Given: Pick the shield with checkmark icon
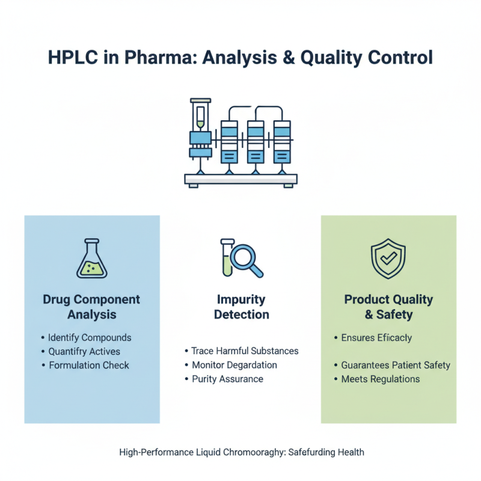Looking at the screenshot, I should pyautogui.click(x=388, y=259).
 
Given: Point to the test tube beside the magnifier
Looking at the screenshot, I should pyautogui.click(x=227, y=257).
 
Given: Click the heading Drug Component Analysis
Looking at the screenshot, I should pyautogui.click(x=91, y=307).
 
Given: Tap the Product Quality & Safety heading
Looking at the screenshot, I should pyautogui.click(x=388, y=307).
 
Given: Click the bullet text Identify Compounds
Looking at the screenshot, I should pyautogui.click(x=89, y=337).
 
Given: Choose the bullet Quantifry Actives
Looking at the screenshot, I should pyautogui.click(x=84, y=351).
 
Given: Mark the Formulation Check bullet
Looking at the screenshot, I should pyautogui.click(x=88, y=365).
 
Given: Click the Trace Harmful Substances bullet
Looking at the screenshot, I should pyautogui.click(x=244, y=351).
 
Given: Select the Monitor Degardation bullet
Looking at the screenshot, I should pyautogui.click(x=234, y=365).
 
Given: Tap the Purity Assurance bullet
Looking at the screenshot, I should pyautogui.click(x=227, y=379).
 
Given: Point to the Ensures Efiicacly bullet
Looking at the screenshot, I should pyautogui.click(x=376, y=337).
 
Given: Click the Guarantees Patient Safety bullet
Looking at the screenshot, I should pyautogui.click(x=395, y=365).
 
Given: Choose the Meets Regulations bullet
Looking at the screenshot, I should pyautogui.click(x=380, y=379).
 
